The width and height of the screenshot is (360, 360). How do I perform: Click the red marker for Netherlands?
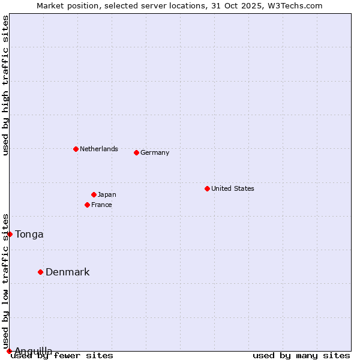coord(76,149)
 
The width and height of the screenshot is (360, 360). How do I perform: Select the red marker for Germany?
coord(136,152)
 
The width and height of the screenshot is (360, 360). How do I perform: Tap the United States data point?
coord(207,188)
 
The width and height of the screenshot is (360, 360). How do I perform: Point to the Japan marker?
coord(94,194)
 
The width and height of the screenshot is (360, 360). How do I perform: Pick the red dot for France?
coord(87,205)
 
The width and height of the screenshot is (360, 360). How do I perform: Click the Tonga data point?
coord(10,234)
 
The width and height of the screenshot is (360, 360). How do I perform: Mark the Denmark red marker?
coord(40,272)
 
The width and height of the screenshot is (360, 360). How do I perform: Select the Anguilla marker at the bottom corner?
coord(9,351)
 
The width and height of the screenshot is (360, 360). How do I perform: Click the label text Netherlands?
coord(98,149)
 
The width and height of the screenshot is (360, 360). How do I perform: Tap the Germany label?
coord(155,152)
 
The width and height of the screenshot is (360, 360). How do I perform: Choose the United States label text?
coord(232,188)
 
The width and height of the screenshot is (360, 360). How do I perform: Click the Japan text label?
coord(107,194)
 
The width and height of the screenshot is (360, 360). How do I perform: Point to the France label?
coord(101,205)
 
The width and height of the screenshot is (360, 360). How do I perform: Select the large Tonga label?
coord(29,234)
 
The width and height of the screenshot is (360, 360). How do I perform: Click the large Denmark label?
coord(67,272)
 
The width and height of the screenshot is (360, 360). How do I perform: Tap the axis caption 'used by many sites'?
coord(301,355)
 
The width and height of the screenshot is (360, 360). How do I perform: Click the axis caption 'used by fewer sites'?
coord(62,355)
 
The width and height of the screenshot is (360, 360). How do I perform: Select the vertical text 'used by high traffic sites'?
coord(5,85)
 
